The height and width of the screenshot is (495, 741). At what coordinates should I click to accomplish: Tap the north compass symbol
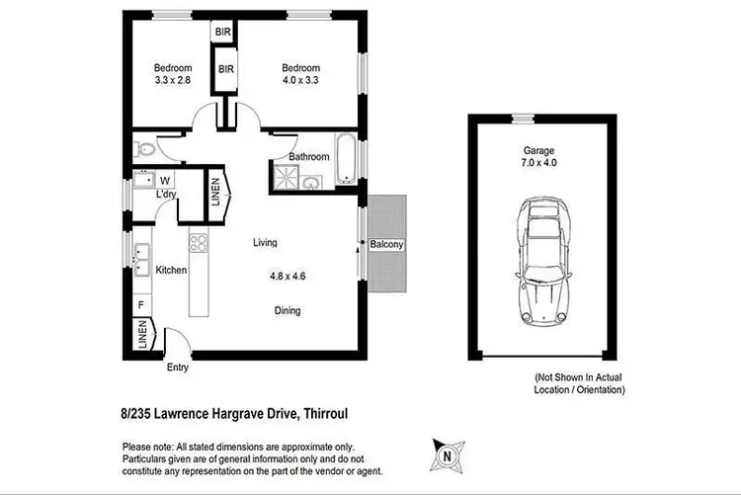pyautogui.click(x=447, y=455)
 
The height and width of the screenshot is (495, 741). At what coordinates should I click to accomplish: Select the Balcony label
pyautogui.click(x=386, y=245)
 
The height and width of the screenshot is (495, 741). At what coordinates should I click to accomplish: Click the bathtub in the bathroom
pyautogui.click(x=345, y=159)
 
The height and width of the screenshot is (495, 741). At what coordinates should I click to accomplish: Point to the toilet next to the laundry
pyautogui.click(x=143, y=150)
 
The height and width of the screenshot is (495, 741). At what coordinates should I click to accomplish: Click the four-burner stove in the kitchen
pyautogui.click(x=198, y=242)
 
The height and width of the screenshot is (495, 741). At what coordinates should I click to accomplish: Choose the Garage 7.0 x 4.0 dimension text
pyautogui.click(x=539, y=159)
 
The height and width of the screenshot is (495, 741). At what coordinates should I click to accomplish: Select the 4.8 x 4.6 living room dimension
pyautogui.click(x=288, y=278)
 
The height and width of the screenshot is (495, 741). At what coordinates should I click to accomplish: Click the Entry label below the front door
pyautogui.click(x=178, y=368)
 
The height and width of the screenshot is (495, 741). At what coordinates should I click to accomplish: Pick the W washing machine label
pyautogui.click(x=164, y=181)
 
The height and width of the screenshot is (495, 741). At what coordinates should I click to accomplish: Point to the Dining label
pyautogui.click(x=288, y=310)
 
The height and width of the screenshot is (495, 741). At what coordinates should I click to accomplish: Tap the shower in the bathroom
pyautogui.click(x=285, y=177)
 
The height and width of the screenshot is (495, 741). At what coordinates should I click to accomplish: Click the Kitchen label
pyautogui.click(x=171, y=270)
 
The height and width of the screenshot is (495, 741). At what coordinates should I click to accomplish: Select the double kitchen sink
pyautogui.click(x=142, y=259)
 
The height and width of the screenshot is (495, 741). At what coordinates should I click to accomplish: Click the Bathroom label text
pyautogui.click(x=309, y=157)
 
